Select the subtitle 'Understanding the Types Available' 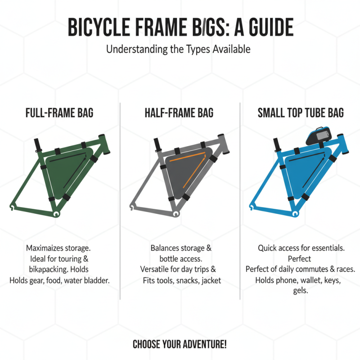click(x=178, y=49)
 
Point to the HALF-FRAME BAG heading click(x=179, y=112)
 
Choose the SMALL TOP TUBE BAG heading click(x=301, y=112)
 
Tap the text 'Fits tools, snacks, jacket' click(x=179, y=280)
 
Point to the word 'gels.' click(x=300, y=291)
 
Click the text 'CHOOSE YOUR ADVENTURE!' click(x=180, y=345)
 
